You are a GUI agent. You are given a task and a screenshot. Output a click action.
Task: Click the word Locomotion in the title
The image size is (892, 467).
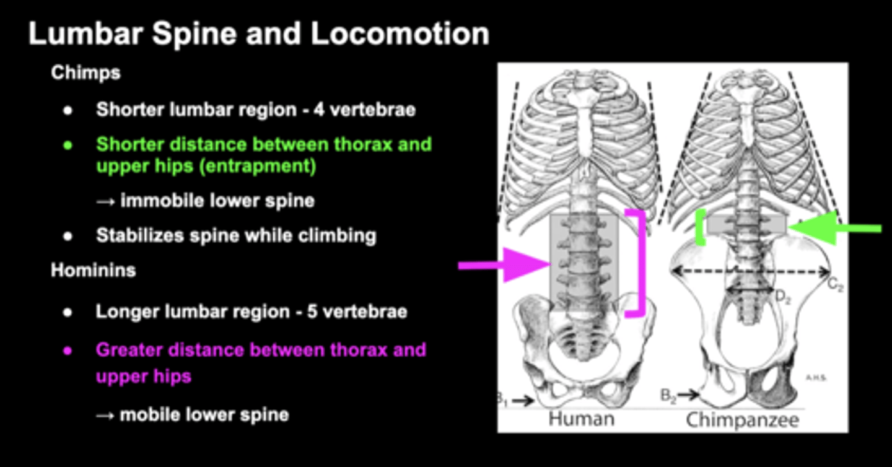click(400, 34)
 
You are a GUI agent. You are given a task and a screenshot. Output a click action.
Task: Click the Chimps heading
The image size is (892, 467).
click(85, 73)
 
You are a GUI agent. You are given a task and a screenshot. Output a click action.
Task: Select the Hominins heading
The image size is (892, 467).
click(94, 270)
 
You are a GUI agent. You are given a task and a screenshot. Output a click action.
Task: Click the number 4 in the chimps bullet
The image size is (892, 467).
click(318, 110)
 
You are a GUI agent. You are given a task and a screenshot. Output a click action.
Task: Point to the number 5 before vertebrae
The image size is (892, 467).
click(312, 312)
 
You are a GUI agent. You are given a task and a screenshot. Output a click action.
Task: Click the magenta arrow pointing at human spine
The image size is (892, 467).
click(505, 265)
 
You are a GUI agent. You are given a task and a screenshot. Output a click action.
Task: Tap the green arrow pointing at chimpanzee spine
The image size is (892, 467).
click(834, 228)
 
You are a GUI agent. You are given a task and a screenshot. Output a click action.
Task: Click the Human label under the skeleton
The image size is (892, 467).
click(582, 419)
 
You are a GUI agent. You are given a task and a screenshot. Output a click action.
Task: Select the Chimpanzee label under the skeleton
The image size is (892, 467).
click(742, 420)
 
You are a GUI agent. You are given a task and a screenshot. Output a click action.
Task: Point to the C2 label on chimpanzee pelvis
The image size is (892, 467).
click(835, 285)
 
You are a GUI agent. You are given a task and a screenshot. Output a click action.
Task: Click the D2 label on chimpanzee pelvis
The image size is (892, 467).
click(783, 297)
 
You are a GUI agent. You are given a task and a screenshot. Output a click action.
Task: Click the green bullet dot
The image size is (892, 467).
click(68, 146)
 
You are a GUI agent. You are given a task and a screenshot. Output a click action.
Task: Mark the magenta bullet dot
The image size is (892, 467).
click(68, 351)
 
